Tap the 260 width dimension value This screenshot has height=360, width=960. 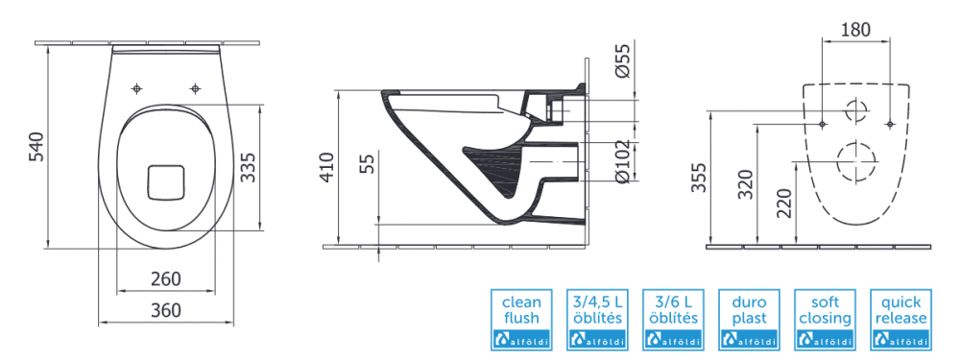point(166,278)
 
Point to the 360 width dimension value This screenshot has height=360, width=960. point(166,310)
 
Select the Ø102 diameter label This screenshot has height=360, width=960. point(622,160)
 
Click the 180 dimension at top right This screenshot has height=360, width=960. point(854,30)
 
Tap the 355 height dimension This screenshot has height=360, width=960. point(700,178)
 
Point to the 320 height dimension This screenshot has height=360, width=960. point(745,183)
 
